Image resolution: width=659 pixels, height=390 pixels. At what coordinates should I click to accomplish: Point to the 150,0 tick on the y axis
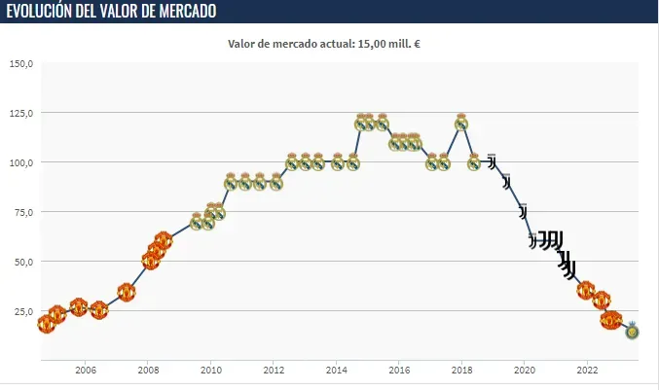point(21,64)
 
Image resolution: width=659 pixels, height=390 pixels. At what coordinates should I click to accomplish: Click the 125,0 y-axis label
point(21,113)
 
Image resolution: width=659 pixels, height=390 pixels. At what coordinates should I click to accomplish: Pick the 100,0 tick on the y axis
point(21,162)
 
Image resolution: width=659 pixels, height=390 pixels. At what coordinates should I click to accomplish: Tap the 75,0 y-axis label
point(23,212)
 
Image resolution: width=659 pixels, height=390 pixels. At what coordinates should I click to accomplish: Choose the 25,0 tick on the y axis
point(23,311)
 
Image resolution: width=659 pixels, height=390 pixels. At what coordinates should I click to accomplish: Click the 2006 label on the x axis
point(85,370)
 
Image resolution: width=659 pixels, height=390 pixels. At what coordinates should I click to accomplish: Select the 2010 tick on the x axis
point(210,370)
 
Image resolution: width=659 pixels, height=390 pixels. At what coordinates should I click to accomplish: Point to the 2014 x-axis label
point(336,370)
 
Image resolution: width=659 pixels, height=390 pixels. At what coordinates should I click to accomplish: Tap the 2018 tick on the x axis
point(461,370)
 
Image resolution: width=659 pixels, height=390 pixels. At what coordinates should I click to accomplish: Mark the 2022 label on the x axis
point(587,370)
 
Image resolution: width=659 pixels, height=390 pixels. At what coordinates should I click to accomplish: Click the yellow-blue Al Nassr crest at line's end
point(632,331)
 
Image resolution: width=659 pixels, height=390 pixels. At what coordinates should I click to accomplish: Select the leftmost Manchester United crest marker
point(46,323)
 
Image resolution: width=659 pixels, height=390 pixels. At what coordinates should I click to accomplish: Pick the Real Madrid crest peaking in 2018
point(461,123)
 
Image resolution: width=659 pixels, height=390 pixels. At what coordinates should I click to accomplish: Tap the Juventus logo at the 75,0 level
point(523,211)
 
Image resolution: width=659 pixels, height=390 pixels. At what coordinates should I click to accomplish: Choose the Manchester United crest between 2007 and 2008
point(127,291)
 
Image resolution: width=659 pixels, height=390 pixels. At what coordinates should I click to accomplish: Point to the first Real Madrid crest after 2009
point(197,222)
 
